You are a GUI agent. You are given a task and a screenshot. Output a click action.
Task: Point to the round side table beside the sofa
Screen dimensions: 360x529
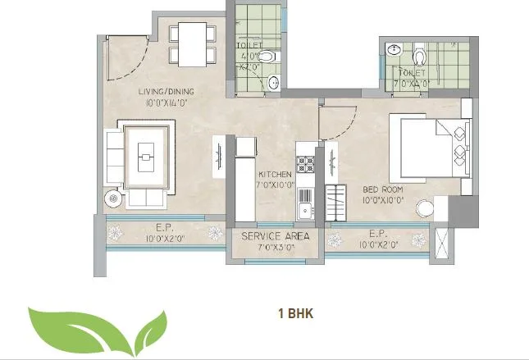(112, 197)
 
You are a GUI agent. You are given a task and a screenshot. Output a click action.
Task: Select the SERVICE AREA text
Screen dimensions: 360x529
(273, 235)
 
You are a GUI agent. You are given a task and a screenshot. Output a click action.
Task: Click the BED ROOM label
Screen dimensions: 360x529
(381, 189)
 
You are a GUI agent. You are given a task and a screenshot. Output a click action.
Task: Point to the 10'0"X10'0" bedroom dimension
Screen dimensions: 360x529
(381, 199)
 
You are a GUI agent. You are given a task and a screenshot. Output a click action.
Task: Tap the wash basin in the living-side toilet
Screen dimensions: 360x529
(275, 80)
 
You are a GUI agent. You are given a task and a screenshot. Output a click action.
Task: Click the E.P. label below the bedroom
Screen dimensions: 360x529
(377, 234)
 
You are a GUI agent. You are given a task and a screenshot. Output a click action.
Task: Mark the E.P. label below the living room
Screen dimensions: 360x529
(162, 230)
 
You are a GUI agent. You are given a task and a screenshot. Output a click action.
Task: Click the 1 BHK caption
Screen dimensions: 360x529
(295, 312)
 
